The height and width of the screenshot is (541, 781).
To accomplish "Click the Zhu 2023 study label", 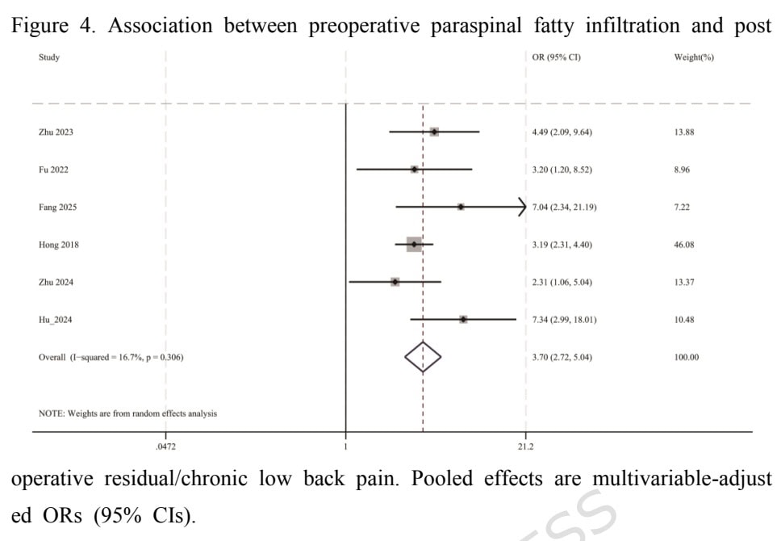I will tap(56, 132).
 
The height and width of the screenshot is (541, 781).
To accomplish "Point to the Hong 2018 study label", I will tap(58, 245).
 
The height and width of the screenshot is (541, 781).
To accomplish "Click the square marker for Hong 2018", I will tap(414, 245).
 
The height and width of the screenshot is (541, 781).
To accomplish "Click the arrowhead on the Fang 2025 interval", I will tap(522, 208).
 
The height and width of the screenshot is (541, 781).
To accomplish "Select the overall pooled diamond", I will tap(423, 357).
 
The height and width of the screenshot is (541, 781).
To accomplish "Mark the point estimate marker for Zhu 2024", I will tap(395, 282).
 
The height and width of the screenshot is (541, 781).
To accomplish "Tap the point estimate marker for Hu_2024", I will tap(463, 320).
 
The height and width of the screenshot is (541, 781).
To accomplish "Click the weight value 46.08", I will tap(684, 245).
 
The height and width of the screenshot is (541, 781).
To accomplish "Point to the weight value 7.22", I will tap(682, 208).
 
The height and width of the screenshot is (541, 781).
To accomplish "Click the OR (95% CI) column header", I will tap(557, 58).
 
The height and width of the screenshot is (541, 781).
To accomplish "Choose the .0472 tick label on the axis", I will tap(165, 445).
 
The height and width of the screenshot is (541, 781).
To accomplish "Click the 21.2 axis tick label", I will tap(525, 445).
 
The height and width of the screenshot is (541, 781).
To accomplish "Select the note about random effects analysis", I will tap(127, 413).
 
